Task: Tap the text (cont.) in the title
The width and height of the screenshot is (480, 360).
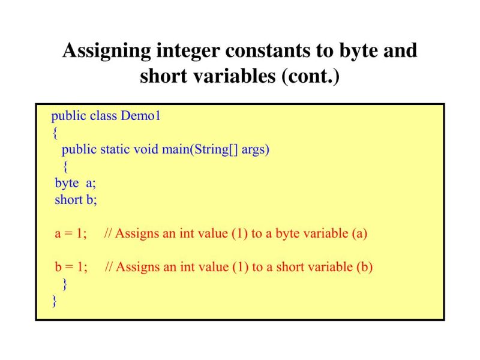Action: pos(310,77)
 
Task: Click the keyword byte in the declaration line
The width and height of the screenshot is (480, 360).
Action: pos(67,184)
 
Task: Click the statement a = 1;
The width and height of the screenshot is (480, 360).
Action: pos(71,234)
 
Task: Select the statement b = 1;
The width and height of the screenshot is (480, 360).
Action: pos(71,268)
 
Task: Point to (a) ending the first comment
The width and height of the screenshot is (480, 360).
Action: pos(358,234)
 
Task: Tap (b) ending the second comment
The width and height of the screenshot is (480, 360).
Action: pos(364,268)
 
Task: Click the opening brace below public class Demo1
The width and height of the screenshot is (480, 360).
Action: pos(55,133)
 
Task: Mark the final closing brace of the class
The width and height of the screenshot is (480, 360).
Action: pos(55,301)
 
